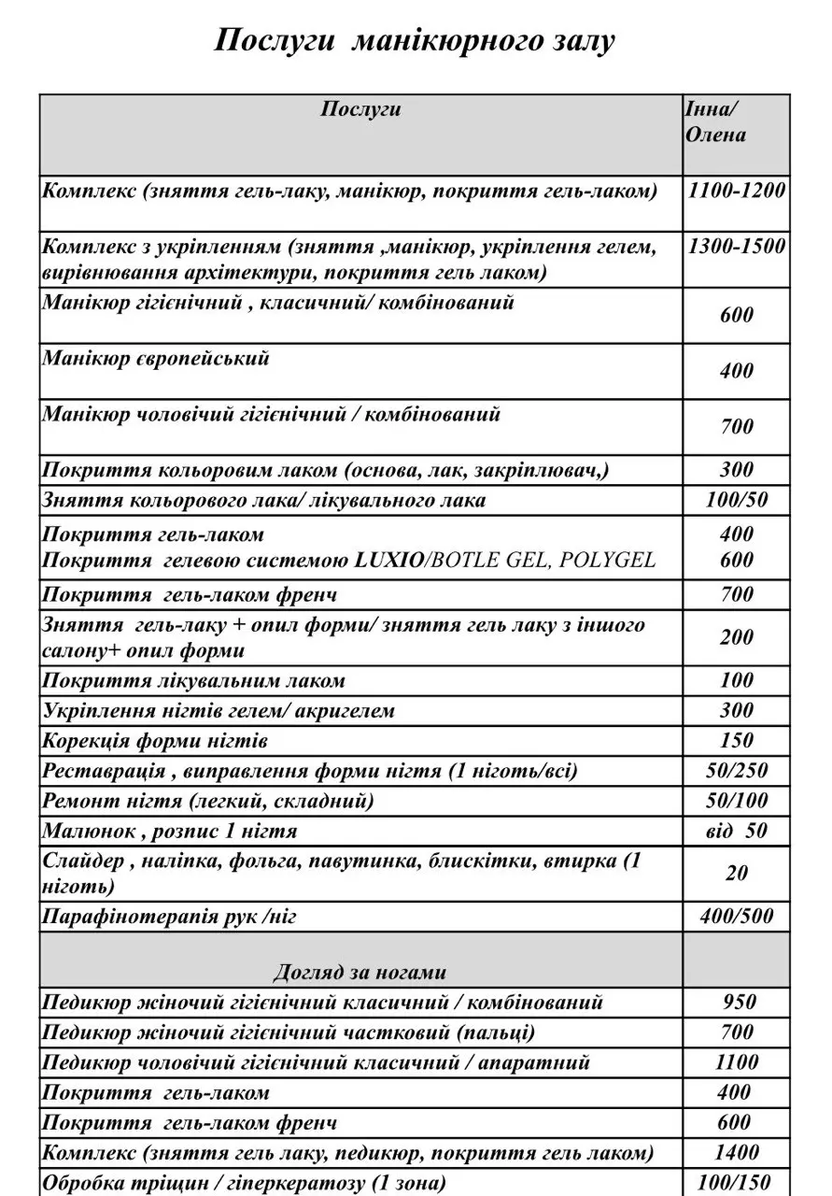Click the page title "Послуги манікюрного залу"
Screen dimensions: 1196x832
pyautogui.click(x=416, y=41)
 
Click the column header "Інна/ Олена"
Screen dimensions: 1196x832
pyautogui.click(x=716, y=121)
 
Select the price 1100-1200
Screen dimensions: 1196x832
pyautogui.click(x=736, y=192)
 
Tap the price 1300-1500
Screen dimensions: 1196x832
pyautogui.click(x=736, y=248)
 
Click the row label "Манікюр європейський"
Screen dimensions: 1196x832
pyautogui.click(x=156, y=359)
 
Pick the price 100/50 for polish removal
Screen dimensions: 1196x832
pyautogui.click(x=737, y=500)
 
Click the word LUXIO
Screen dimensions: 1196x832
pyautogui.click(x=389, y=561)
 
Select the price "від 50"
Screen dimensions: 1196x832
pyautogui.click(x=737, y=831)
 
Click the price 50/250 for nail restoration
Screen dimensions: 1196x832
pyautogui.click(x=737, y=772)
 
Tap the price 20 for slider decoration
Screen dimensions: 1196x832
pyautogui.click(x=737, y=873)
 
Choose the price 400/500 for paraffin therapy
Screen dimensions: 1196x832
pyautogui.click(x=737, y=917)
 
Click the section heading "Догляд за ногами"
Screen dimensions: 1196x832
pyautogui.click(x=360, y=972)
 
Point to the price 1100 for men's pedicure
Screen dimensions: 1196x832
pyautogui.click(x=737, y=1062)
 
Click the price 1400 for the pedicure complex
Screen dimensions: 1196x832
pyautogui.click(x=737, y=1152)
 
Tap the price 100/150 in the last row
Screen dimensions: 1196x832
pyautogui.click(x=737, y=1182)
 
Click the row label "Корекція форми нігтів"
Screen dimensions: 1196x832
pyautogui.click(x=156, y=742)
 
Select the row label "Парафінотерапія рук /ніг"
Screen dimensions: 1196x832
pyautogui.click(x=169, y=917)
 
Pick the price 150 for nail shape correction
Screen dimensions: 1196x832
pyautogui.click(x=737, y=742)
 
